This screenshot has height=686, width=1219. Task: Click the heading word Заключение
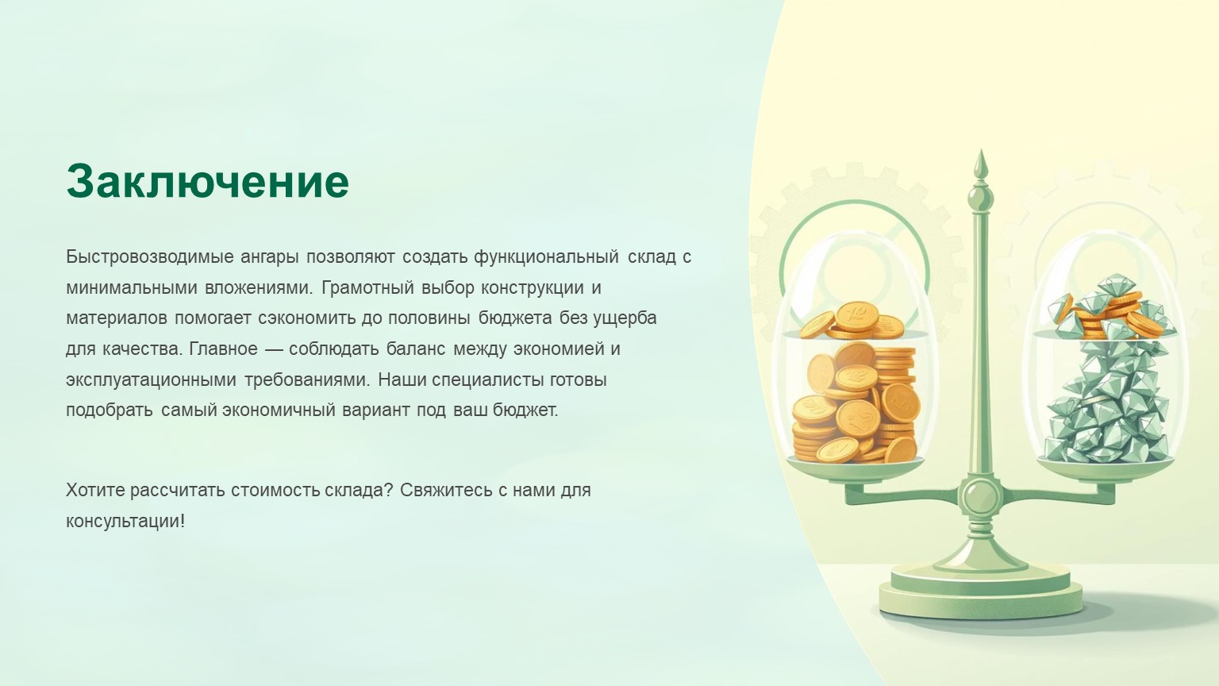coord(207,181)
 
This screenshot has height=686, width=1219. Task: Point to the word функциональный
coord(546,257)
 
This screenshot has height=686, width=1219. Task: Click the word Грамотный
coord(368,287)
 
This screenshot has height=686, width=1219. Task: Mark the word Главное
coord(223,349)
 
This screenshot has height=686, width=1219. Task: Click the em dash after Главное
coord(273,349)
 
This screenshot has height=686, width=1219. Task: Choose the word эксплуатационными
coord(152,380)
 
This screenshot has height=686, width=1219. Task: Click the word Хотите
coord(94,490)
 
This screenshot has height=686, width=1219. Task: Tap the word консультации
coord(125,522)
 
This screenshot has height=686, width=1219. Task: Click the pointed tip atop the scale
coord(981,151)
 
